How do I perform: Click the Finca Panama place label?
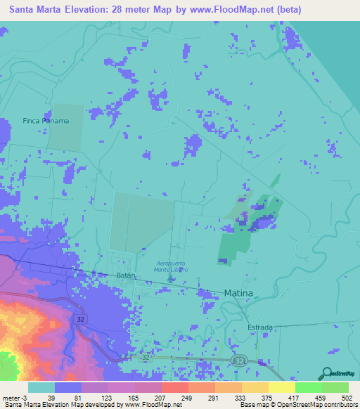click(x=46, y=120)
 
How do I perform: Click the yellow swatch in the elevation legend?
click(x=282, y=388)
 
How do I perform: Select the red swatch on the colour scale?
click(x=174, y=388)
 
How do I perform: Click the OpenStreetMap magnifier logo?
click(x=326, y=373)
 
